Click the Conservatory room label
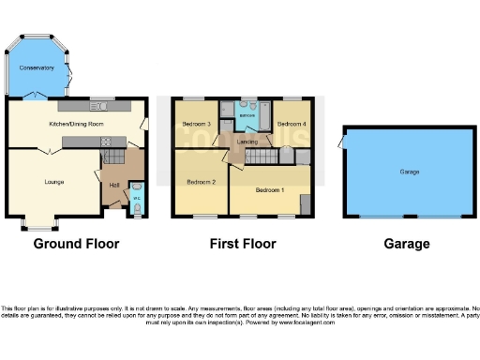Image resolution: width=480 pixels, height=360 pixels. [38, 68]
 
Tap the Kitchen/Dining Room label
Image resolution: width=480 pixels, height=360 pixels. [76, 123]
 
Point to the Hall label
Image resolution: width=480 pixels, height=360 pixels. [113, 185]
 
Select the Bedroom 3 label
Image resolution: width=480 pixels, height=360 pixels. [195, 124]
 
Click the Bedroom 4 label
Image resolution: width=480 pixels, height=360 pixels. [290, 124]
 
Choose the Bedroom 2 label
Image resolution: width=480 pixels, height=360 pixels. [202, 181]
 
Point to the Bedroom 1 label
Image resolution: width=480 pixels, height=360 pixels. [270, 190]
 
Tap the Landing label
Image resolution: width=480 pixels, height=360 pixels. [248, 142]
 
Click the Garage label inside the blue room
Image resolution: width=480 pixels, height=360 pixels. [409, 172]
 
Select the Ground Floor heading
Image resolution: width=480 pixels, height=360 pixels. [77, 244]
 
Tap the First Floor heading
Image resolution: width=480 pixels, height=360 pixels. [243, 244]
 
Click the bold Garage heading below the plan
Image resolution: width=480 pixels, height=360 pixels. [408, 244]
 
